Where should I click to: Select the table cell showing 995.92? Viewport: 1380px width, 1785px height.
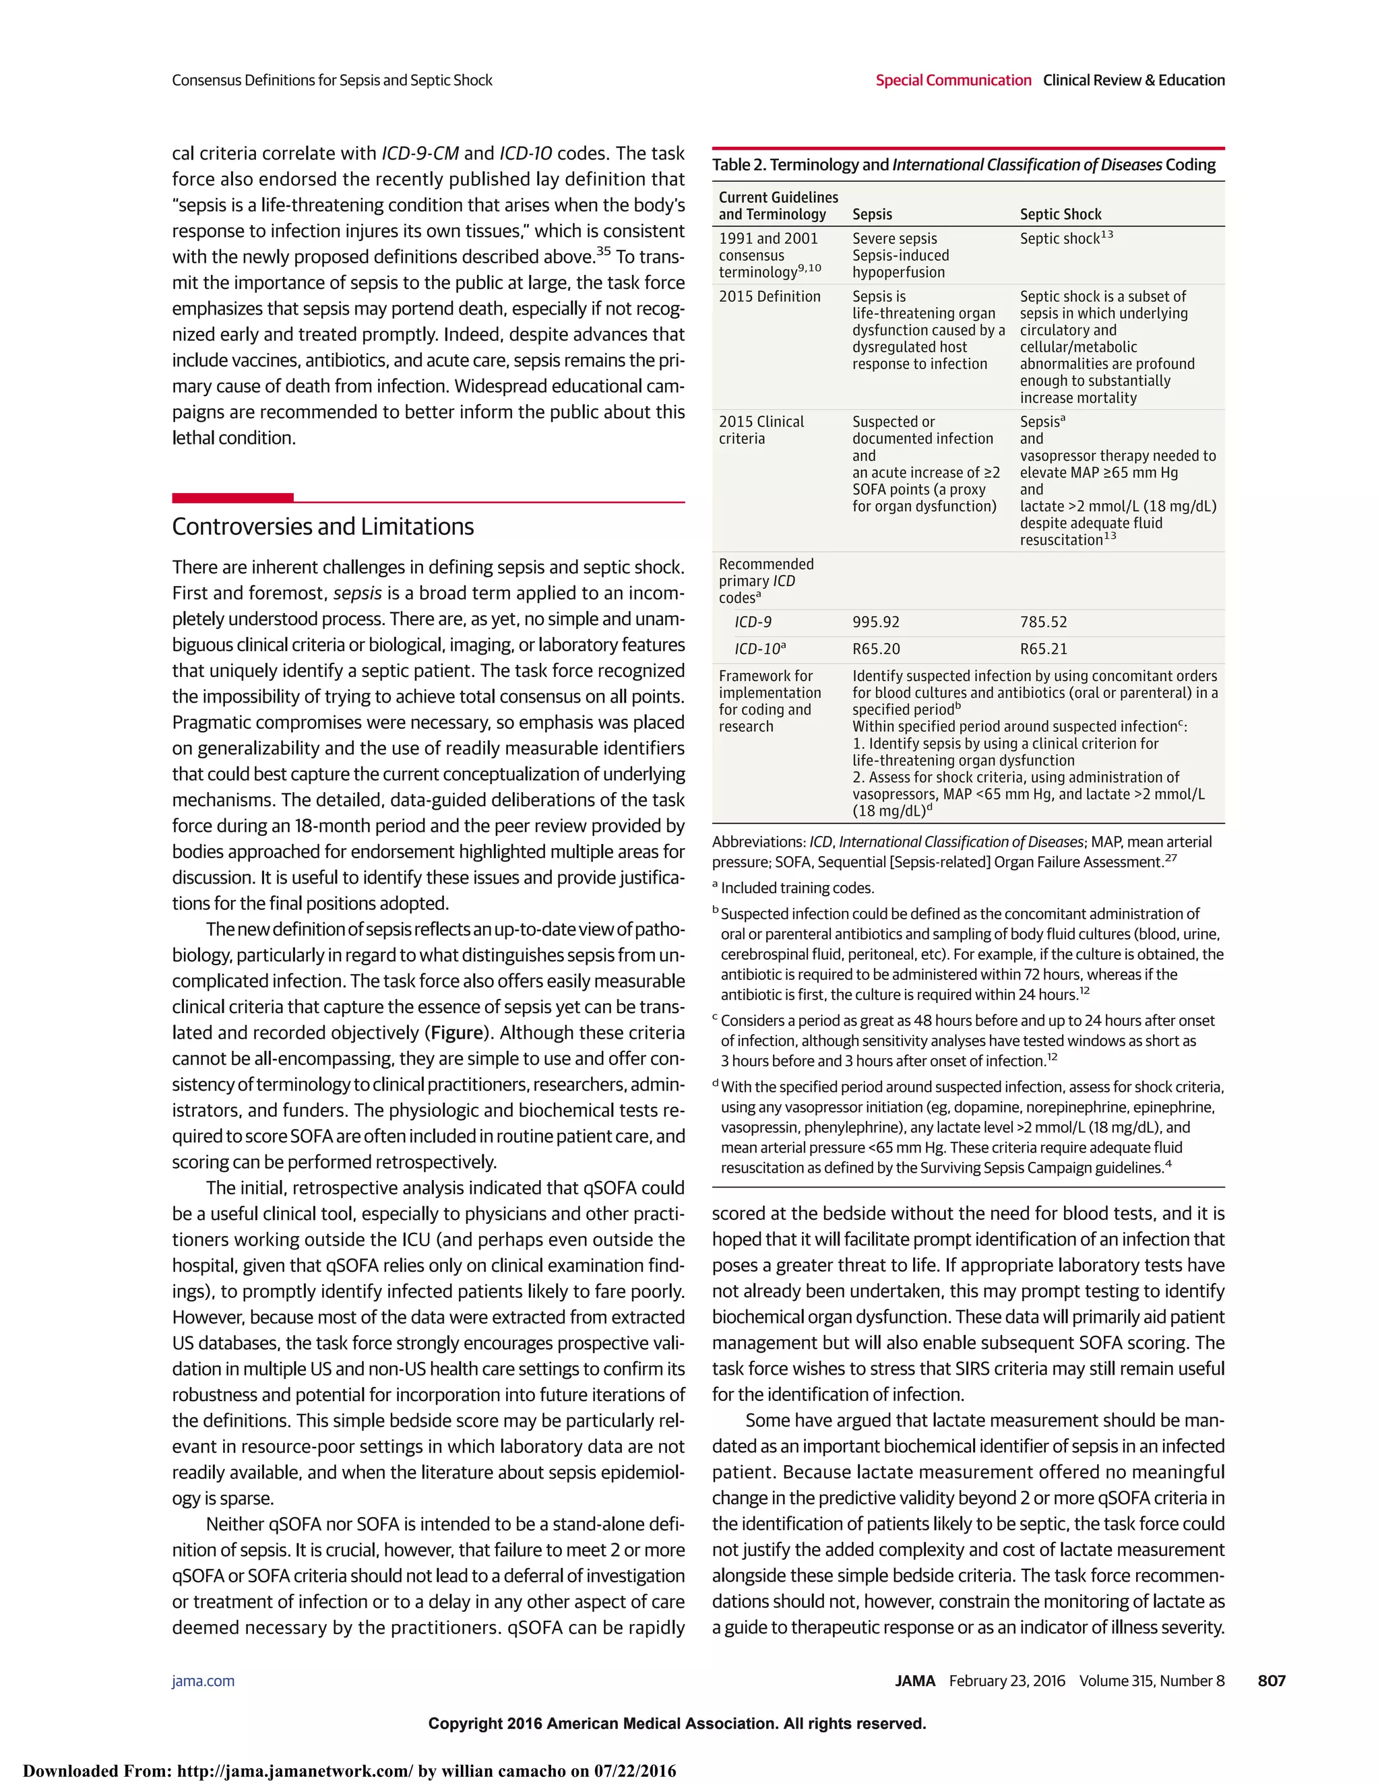875,622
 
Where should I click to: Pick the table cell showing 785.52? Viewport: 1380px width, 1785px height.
1043,622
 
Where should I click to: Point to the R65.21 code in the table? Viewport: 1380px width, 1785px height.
1043,649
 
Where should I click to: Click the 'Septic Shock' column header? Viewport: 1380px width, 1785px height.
1061,214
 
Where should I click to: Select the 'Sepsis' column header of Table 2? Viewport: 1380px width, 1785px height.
873,214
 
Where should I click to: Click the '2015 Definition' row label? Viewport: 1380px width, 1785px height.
770,296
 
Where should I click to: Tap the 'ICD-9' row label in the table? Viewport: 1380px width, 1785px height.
753,622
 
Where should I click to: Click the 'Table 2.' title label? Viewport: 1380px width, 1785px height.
739,165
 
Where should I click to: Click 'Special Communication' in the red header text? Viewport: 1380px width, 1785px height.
953,80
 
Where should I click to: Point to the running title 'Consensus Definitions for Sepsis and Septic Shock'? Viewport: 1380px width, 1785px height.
332,80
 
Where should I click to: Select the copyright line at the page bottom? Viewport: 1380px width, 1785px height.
677,1724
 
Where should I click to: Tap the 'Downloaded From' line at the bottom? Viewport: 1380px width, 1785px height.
350,1771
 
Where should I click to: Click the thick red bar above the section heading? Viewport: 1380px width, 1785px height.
232,498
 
